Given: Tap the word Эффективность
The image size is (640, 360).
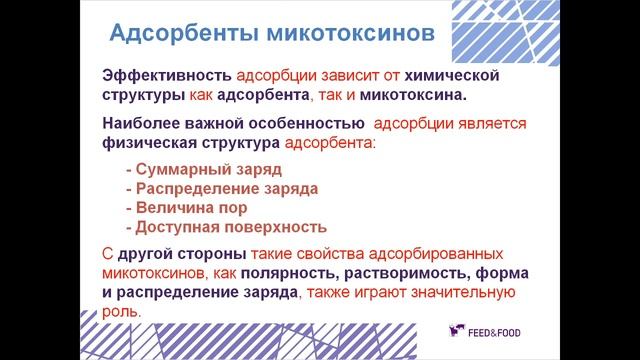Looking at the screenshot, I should (x=165, y=78).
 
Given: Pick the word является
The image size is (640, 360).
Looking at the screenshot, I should (x=484, y=125).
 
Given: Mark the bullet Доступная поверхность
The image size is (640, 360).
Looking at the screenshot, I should (x=226, y=226).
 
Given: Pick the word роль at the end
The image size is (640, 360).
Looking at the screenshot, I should (x=119, y=311).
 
